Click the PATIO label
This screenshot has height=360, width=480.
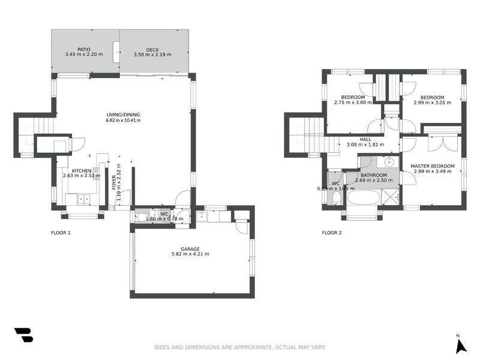pyautogui.click(x=83, y=50)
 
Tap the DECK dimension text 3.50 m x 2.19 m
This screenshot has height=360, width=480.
pyautogui.click(x=152, y=55)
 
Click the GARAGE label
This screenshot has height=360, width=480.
pyautogui.click(x=190, y=248)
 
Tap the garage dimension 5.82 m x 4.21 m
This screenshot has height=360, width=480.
pyautogui.click(x=190, y=254)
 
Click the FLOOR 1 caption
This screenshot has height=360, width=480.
pyautogui.click(x=61, y=232)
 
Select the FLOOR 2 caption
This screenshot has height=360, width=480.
pyautogui.click(x=332, y=232)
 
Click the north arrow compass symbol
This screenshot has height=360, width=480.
pyautogui.click(x=461, y=345)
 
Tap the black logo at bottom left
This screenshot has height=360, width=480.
pyautogui.click(x=23, y=335)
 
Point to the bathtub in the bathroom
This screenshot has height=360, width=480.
pyautogui.click(x=367, y=198)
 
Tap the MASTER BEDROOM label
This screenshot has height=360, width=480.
pyautogui.click(x=432, y=166)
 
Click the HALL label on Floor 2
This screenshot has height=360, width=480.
pyautogui.click(x=365, y=139)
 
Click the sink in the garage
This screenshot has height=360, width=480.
pyautogui.click(x=202, y=217)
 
